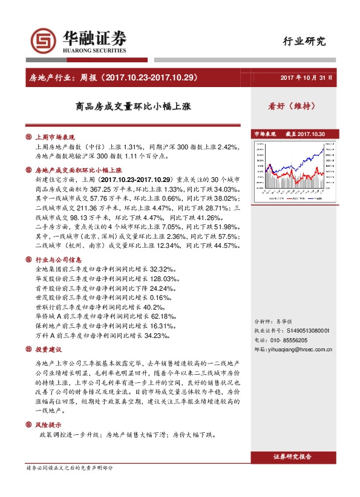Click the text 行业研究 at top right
[x=304, y=42]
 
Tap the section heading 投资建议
[x=49, y=350]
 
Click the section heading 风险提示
[x=49, y=424]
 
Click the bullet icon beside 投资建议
[x=28, y=350]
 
